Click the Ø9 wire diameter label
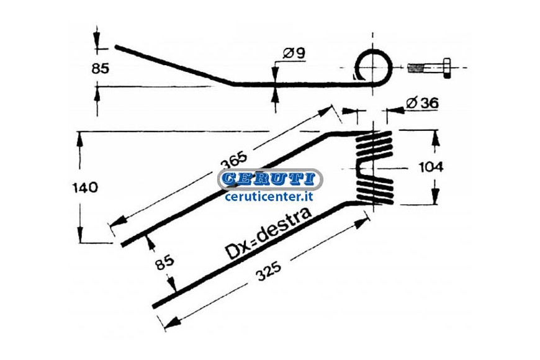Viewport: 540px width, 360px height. (x=294, y=53)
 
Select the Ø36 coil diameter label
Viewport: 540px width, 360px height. (x=422, y=103)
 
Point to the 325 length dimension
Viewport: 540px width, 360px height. (x=269, y=271)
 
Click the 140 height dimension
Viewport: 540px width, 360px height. (x=84, y=187)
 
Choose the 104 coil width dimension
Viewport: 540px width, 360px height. (x=431, y=168)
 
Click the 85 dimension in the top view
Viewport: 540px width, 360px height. (x=100, y=68)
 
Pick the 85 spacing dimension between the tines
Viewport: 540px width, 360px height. (x=164, y=263)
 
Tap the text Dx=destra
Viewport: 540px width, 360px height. (x=268, y=233)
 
